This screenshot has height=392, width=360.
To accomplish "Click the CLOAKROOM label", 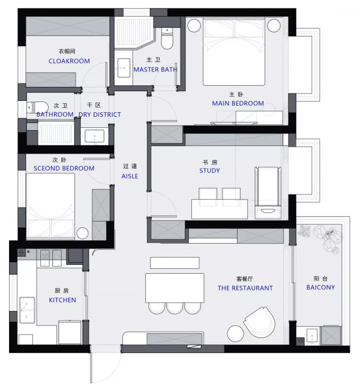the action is pyautogui.click(x=69, y=61).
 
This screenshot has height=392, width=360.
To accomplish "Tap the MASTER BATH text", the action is pyautogui.click(x=155, y=69).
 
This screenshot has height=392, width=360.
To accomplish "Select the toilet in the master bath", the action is pyautogui.click(x=167, y=38).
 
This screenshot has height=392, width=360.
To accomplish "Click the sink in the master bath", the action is pyautogui.click(x=124, y=68).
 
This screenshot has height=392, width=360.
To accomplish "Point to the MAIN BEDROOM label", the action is pyautogui.click(x=238, y=103).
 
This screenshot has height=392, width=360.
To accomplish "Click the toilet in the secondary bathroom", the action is pyautogui.click(x=37, y=107).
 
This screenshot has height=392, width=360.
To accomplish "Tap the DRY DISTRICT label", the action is pyautogui.click(x=100, y=115).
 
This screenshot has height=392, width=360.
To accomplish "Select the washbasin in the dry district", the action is pyautogui.click(x=94, y=136).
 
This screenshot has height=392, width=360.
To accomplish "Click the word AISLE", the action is pyautogui.click(x=130, y=176).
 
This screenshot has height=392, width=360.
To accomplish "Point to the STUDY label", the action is pyautogui.click(x=209, y=170).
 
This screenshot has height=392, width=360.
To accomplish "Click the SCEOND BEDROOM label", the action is pyautogui.click(x=64, y=168).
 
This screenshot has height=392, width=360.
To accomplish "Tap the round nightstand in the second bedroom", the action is pyautogui.click(x=82, y=234).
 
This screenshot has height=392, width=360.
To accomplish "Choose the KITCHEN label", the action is pyautogui.click(x=62, y=300).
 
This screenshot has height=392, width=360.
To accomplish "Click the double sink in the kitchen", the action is pyautogui.click(x=27, y=310).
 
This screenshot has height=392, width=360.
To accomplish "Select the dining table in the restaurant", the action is pyautogui.click(x=175, y=288).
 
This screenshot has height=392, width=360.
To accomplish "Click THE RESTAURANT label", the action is pyautogui.click(x=245, y=288).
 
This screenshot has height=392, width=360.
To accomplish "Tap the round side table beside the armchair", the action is pyautogui.click(x=235, y=333).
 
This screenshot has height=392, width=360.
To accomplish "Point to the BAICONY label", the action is pyautogui.click(x=320, y=288).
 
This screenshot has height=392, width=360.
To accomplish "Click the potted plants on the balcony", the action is pyautogui.click(x=322, y=238).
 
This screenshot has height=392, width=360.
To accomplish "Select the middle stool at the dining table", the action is pyautogui.click(x=175, y=308).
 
